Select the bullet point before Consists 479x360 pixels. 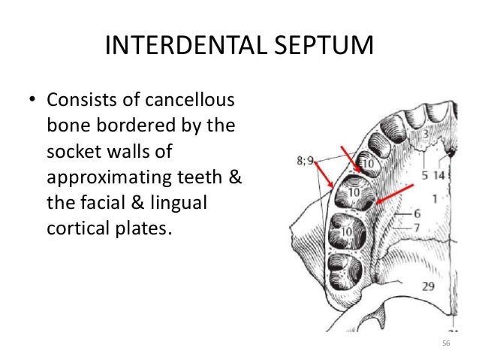coord(32,101)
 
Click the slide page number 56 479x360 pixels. coord(446,343)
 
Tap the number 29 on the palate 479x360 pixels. coord(429,286)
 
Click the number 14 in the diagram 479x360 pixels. coord(438,175)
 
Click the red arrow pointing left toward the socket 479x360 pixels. coord(396,193)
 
